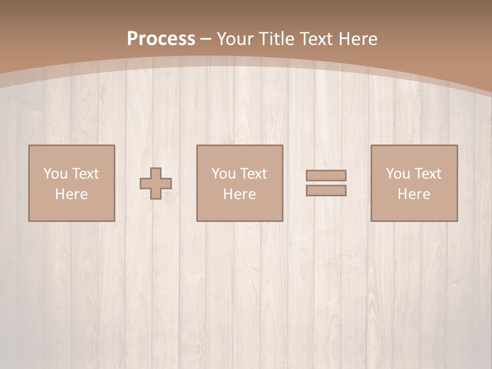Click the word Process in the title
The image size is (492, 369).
[x=161, y=39]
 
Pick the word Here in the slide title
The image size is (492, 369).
[x=359, y=39]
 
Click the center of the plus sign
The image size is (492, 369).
[x=156, y=183]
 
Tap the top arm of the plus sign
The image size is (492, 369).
[x=156, y=173]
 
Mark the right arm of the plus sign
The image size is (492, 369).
[x=167, y=183]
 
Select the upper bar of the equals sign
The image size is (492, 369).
[x=326, y=176]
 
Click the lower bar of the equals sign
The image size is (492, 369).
[x=326, y=191]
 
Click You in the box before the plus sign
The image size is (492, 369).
[x=55, y=174]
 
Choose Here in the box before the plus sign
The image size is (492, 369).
[x=71, y=194]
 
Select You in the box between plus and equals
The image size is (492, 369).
[x=223, y=174]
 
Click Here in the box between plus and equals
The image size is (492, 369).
[x=239, y=194]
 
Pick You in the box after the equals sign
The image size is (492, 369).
[x=397, y=174]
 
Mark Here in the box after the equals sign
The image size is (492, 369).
[x=414, y=194]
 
